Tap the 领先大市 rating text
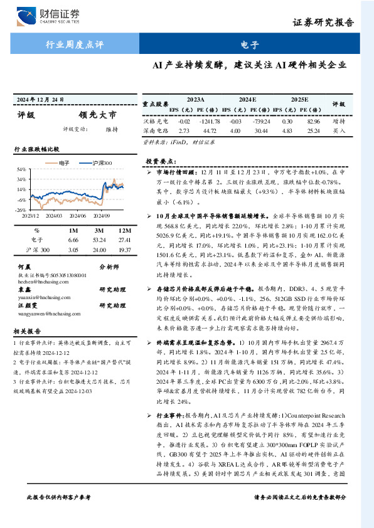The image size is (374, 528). point(97,115)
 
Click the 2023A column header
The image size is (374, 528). point(195,100)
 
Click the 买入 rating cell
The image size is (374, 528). point(339,131)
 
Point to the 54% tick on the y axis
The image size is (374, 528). point(21,169)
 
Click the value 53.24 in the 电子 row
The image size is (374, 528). point(98,240)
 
